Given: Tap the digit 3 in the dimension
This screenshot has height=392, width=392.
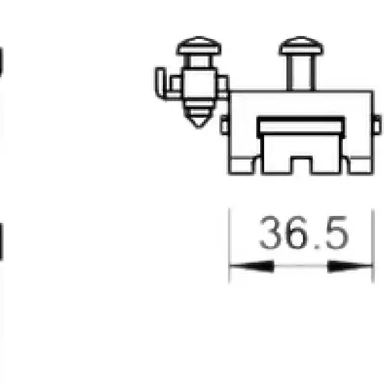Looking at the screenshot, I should tap(272, 234).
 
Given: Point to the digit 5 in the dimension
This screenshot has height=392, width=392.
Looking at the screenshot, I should tap(332, 234).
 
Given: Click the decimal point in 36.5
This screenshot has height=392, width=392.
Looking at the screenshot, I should tap(316, 248).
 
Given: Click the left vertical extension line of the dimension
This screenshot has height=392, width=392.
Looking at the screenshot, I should tap(229, 246).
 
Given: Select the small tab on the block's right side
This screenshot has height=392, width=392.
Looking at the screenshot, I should tap(377, 124).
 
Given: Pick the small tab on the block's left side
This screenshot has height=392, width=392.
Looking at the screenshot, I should tap(225, 124).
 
